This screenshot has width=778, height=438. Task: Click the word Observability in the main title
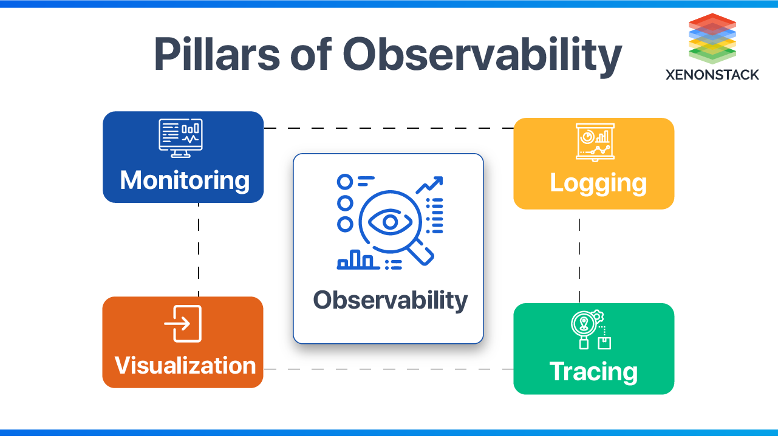tap(482, 55)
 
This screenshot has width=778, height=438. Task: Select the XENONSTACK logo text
tap(712, 75)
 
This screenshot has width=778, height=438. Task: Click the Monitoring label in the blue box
tap(185, 180)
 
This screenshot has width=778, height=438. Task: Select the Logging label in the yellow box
tap(598, 183)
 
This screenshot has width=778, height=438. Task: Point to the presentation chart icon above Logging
tap(595, 142)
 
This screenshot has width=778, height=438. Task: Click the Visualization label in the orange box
tap(185, 365)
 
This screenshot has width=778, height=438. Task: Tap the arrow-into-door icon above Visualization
tap(183, 324)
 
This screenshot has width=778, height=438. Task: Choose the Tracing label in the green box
tap(593, 371)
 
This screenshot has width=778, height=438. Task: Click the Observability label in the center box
tap(391, 299)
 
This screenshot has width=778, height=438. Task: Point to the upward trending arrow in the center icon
tap(430, 184)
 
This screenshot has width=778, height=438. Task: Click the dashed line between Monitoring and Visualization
tap(199, 249)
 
